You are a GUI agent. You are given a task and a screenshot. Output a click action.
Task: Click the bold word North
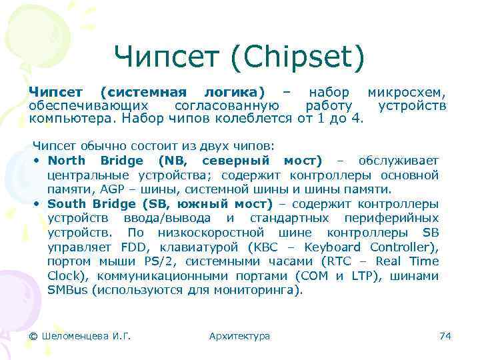pos(67,161)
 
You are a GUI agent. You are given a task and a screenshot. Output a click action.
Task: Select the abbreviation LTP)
pos(360,276)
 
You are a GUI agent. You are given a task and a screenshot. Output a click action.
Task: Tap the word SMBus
pos(67,290)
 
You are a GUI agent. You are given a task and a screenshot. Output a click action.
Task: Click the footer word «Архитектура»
pos(239,336)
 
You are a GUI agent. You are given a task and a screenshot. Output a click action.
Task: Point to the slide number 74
pos(445,336)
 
